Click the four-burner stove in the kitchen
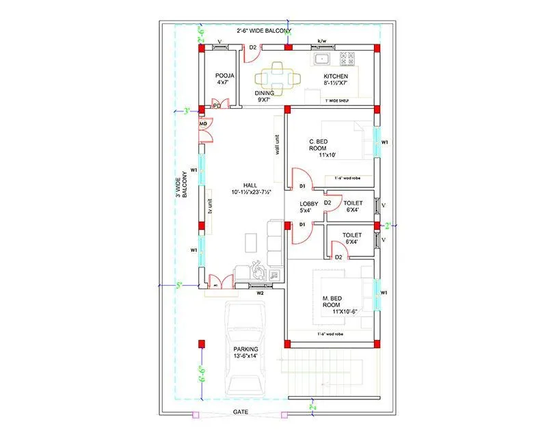pos(347,58)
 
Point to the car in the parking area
pos(245,347)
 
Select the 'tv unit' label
pos(210,208)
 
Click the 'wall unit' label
pos(277,145)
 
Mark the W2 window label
pos(261,293)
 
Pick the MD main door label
pos(203,124)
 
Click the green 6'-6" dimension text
pos(202,373)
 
